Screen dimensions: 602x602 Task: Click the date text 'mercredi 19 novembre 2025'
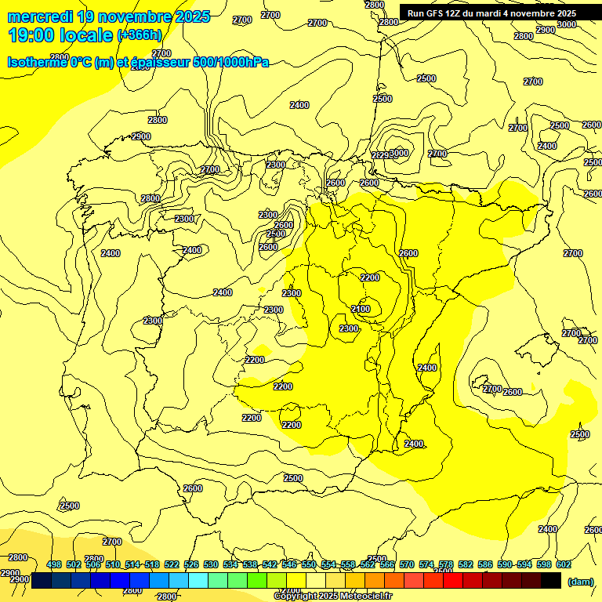click(109, 16)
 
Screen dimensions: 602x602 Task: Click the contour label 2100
click(361, 310)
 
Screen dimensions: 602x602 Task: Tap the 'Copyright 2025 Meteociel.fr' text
click(332, 597)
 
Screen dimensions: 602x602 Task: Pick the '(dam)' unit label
click(580, 582)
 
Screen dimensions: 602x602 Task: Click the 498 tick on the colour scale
click(54, 564)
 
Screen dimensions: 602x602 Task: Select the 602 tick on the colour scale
click(564, 564)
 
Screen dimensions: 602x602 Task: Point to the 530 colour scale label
click(211, 564)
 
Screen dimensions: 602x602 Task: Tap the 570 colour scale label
click(407, 564)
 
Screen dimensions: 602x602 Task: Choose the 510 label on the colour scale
click(113, 564)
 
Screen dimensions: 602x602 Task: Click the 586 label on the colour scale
click(485, 564)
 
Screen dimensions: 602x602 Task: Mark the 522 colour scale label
click(172, 564)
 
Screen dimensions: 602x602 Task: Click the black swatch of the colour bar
click(551, 580)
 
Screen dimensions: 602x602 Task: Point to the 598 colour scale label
click(544, 564)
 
